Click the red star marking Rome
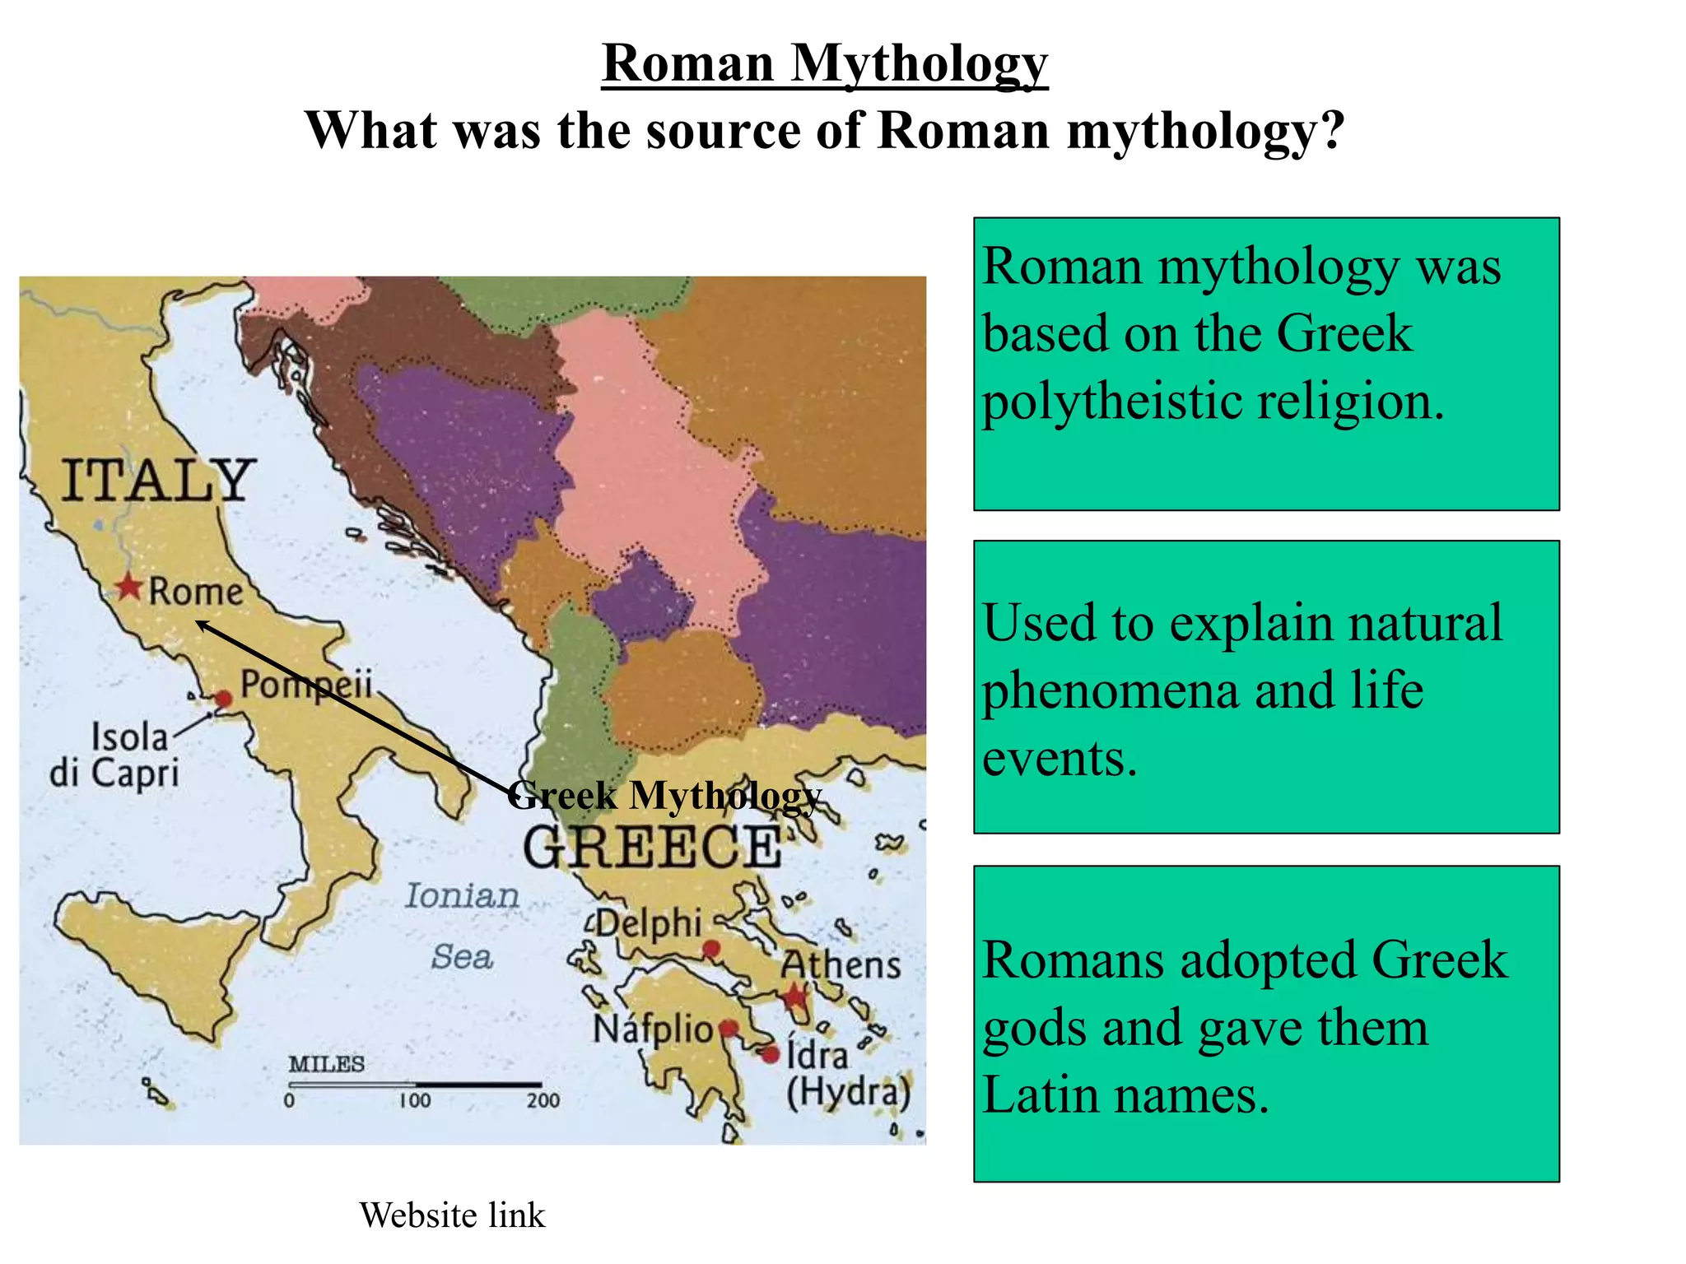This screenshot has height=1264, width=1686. click(128, 588)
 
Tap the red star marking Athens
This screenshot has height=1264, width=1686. click(794, 997)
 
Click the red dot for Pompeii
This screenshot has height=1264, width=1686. click(223, 699)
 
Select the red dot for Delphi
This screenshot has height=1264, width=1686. click(711, 950)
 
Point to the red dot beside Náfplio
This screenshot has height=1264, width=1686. click(728, 1028)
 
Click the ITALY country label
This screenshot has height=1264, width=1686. click(157, 481)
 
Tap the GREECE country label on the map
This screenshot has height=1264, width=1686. click(652, 848)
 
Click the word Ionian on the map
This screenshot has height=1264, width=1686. click(462, 896)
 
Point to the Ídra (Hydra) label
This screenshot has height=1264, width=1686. click(848, 1074)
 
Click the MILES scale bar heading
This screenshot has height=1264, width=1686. click(326, 1064)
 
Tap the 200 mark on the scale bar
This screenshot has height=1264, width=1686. click(543, 1100)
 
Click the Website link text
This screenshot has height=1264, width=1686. click(452, 1215)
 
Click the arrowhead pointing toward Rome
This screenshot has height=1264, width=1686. click(202, 626)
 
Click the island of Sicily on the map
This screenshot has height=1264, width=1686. click(156, 955)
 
